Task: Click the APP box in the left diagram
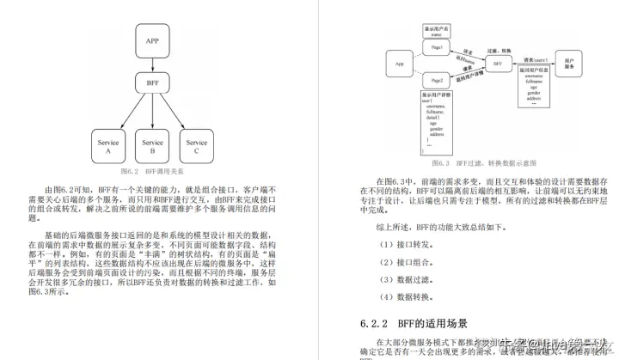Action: [152, 40]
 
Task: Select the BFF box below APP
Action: [152, 84]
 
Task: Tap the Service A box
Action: [108, 147]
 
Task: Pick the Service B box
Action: [152, 147]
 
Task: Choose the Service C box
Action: [197, 147]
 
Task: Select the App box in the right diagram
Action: [400, 64]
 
